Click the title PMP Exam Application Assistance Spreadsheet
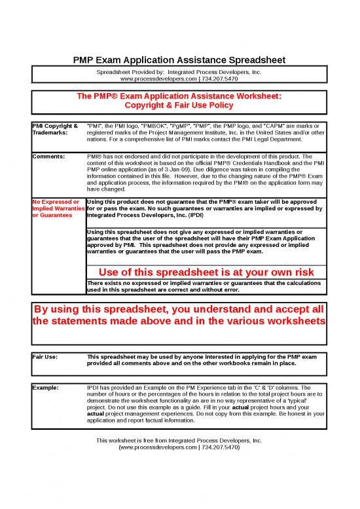tap(178, 60)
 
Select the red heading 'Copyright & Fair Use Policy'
tap(178, 105)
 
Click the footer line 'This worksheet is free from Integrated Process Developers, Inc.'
tap(178, 441)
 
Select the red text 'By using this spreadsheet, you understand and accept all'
tap(178, 309)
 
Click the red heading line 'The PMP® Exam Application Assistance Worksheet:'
tap(178, 96)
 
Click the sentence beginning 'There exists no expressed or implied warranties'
tap(204, 282)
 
